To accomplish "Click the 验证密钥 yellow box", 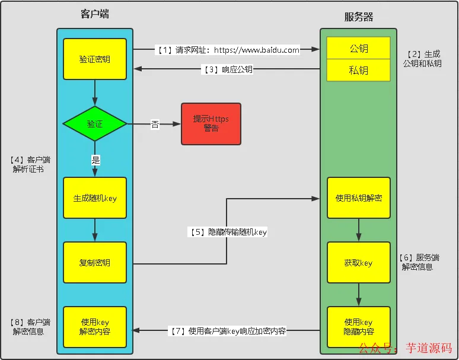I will click(x=95, y=59).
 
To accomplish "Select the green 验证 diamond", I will click(x=95, y=124).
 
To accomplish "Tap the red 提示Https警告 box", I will click(x=211, y=124).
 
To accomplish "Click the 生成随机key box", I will click(x=95, y=198).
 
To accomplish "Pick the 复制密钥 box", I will click(x=95, y=263).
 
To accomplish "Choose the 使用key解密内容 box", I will click(x=95, y=327).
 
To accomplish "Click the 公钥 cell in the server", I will click(x=358, y=49).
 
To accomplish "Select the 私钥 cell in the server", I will click(x=358, y=70).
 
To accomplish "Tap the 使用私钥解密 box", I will click(x=358, y=198).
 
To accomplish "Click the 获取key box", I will click(x=358, y=263).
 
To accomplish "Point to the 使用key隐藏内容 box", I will click(x=358, y=327).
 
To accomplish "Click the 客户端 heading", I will click(x=95, y=14).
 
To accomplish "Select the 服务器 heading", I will click(x=359, y=17).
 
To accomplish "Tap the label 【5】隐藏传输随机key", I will click(x=228, y=232).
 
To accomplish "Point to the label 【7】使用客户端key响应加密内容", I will click(x=228, y=331).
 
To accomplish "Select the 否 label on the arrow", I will click(x=155, y=125).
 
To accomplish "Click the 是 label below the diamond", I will click(x=95, y=159).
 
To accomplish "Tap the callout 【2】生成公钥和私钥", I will click(x=422, y=59).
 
